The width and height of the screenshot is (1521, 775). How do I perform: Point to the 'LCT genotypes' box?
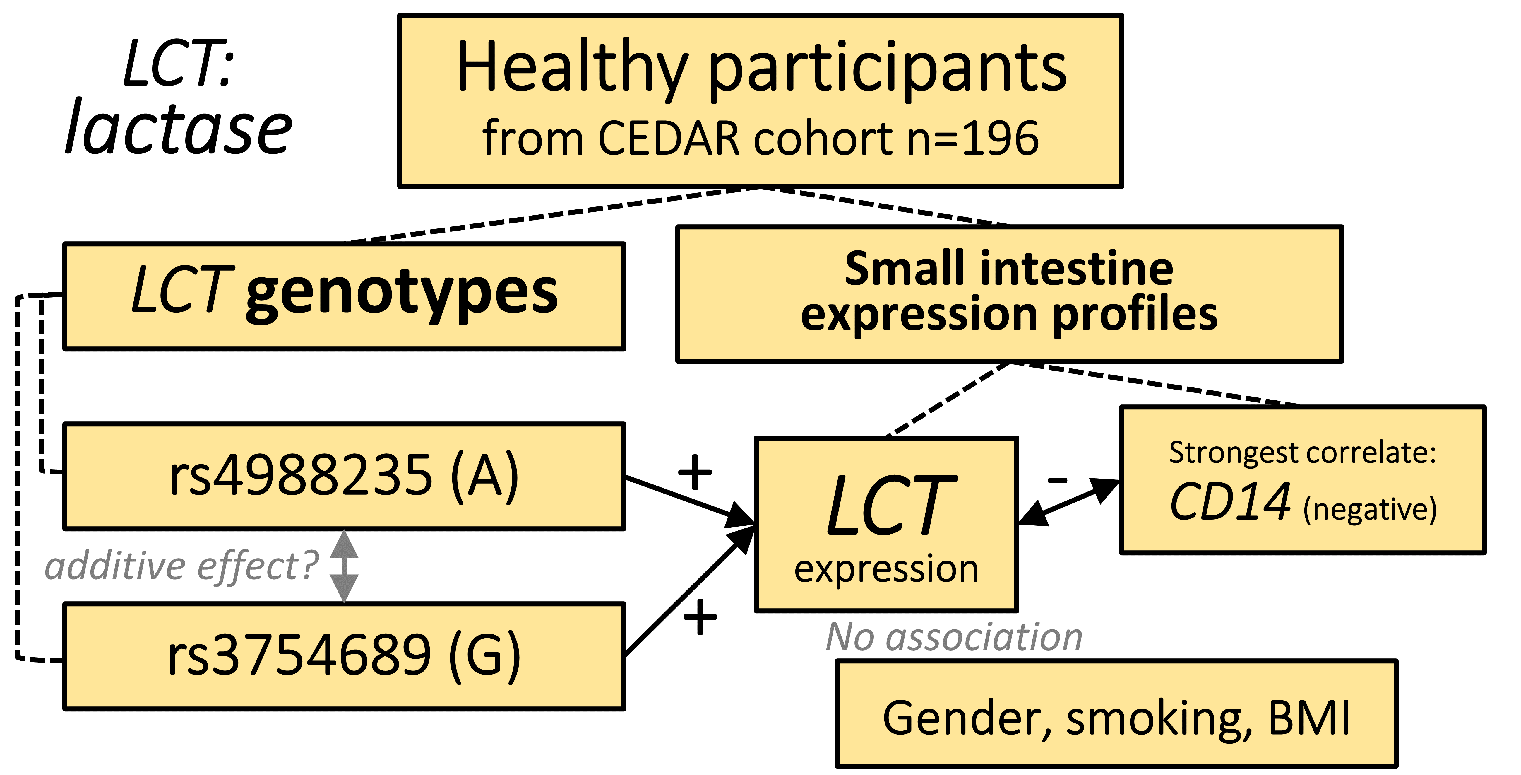(x=344, y=295)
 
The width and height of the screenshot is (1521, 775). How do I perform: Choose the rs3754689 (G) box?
(x=344, y=656)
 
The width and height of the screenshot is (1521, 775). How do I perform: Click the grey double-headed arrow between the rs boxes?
(x=344, y=566)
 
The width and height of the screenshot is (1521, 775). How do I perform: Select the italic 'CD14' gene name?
(x=1230, y=502)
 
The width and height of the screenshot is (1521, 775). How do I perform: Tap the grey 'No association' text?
(x=954, y=637)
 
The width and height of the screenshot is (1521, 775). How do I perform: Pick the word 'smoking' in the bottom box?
(x=1157, y=718)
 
